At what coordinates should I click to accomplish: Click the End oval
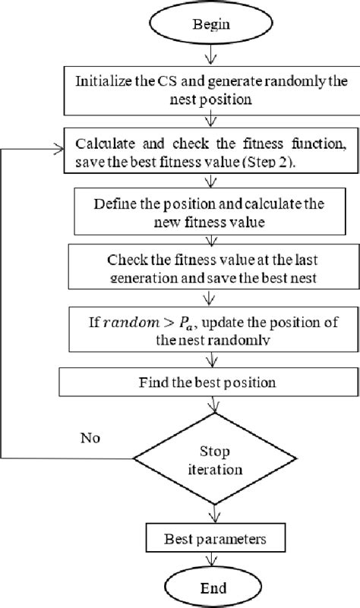click(x=207, y=586)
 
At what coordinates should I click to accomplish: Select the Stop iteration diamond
click(x=207, y=458)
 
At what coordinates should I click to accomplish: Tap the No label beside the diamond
click(x=91, y=438)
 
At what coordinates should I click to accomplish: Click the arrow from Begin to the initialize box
click(x=207, y=57)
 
